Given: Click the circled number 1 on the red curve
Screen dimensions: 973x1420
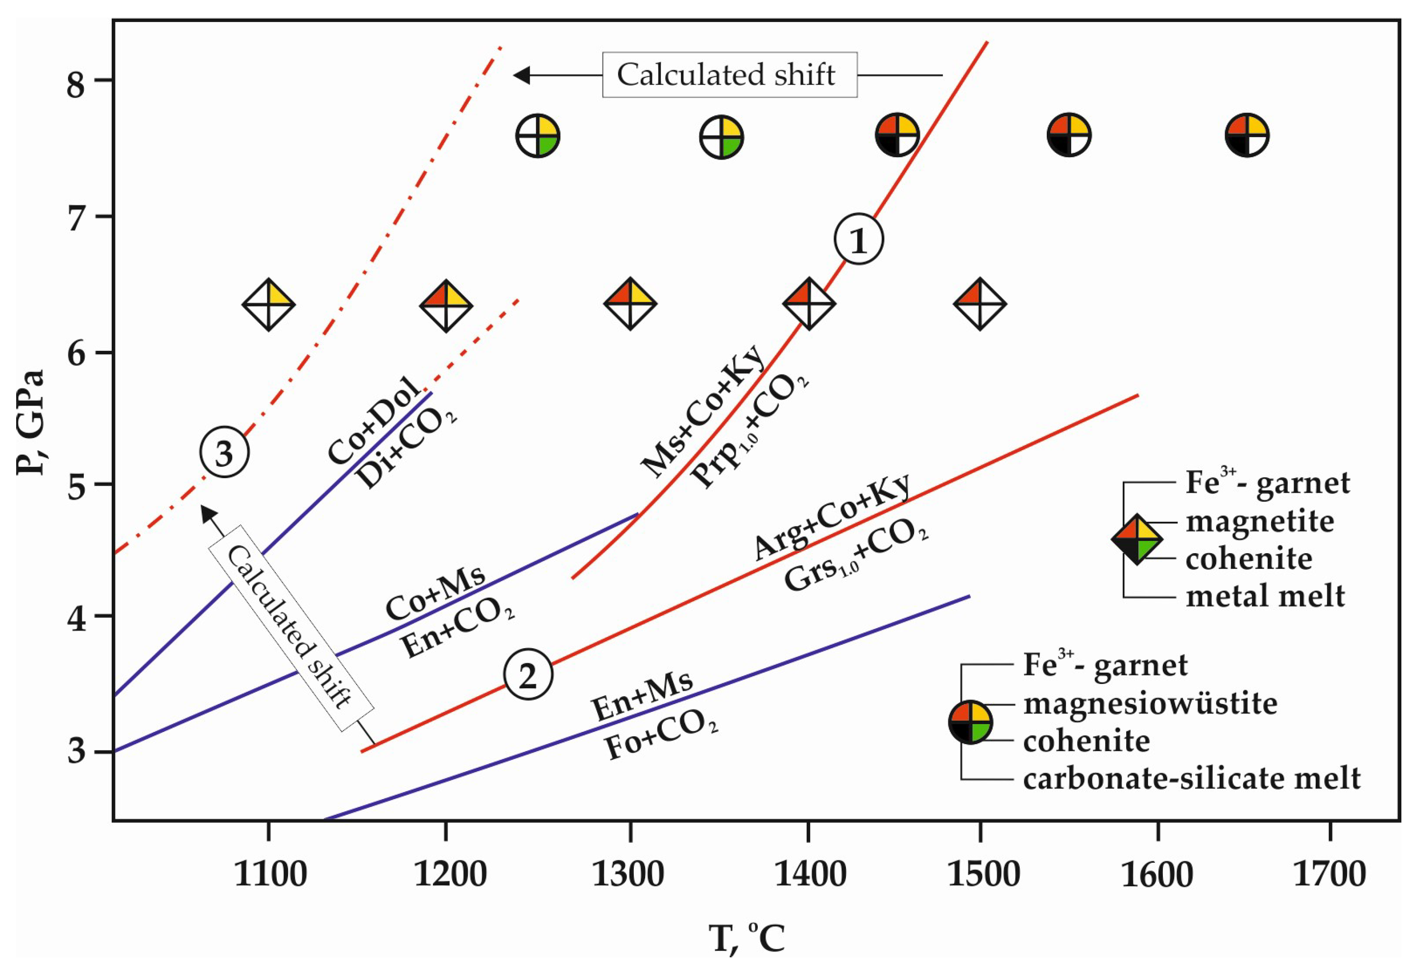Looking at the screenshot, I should click(x=859, y=240).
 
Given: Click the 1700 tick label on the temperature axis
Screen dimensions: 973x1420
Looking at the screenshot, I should click(x=1329, y=875).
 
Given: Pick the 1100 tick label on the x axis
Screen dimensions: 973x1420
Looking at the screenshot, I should click(x=270, y=875).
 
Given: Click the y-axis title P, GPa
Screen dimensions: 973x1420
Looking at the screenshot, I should click(x=30, y=422).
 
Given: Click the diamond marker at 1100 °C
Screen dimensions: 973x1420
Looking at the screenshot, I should click(x=269, y=304).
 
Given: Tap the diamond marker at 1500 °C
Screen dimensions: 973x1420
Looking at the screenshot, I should click(x=980, y=304).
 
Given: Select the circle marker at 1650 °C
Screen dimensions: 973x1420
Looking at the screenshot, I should click(x=1247, y=135).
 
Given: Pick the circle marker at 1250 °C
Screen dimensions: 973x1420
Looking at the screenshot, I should click(x=538, y=136).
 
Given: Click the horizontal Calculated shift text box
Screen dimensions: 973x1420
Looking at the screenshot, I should click(x=729, y=75).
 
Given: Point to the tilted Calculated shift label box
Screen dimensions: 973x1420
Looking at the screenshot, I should click(x=291, y=628).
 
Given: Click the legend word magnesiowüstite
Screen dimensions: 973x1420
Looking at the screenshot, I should click(x=1151, y=703).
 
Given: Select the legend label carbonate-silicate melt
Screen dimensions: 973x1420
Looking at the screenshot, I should click(x=1191, y=778).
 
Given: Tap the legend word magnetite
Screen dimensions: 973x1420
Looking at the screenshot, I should click(x=1259, y=521).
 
